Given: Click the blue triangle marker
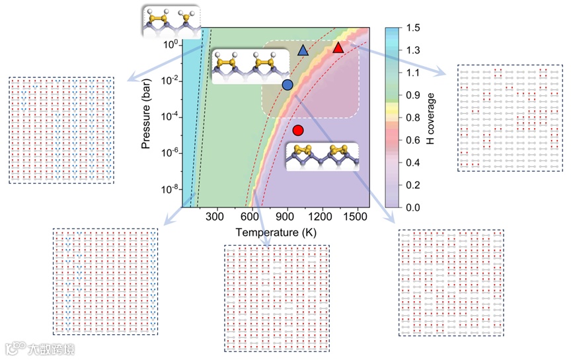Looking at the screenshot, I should coord(303,51).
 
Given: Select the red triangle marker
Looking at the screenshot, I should coord(338,48).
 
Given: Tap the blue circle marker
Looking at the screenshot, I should coord(287,85).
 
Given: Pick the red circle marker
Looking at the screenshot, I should coord(298,130).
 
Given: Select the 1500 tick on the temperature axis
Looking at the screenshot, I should coord(358,216).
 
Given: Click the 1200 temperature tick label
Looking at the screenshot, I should coord(322,216).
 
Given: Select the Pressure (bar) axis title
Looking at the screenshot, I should coord(147,118).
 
